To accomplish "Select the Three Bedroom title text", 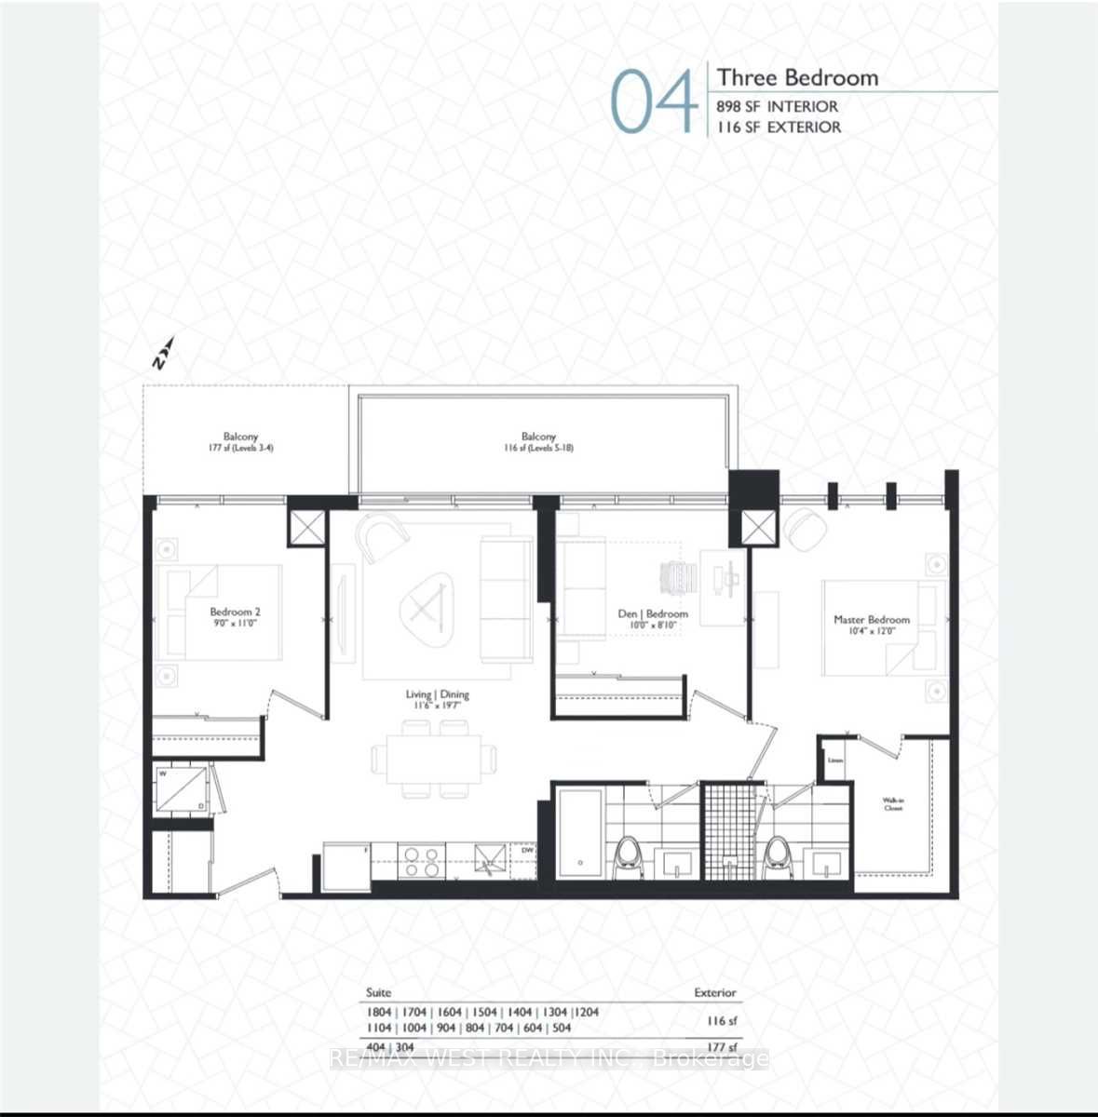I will (797, 77).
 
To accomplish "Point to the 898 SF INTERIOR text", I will (777, 106).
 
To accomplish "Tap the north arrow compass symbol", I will (163, 354).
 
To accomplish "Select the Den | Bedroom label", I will (653, 619).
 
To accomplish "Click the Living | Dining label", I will (437, 699).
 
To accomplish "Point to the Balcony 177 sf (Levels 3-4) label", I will (240, 441).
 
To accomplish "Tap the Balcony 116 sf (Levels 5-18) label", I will (538, 441).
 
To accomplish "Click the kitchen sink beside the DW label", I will (488, 858).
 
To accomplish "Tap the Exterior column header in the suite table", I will (714, 992).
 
